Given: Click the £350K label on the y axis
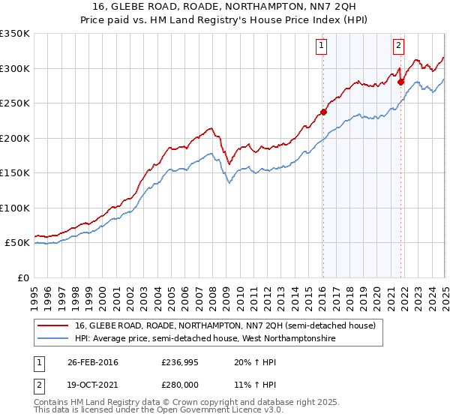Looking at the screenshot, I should (x=15, y=34).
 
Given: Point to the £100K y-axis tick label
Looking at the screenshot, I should (x=15, y=208).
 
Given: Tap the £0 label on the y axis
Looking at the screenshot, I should (x=22, y=277).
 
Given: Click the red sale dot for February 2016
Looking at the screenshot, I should (x=323, y=112).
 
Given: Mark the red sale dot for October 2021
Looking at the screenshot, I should (x=400, y=82).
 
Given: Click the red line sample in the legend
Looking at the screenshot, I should (x=53, y=325).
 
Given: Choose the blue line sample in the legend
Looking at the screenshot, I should (x=53, y=339).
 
